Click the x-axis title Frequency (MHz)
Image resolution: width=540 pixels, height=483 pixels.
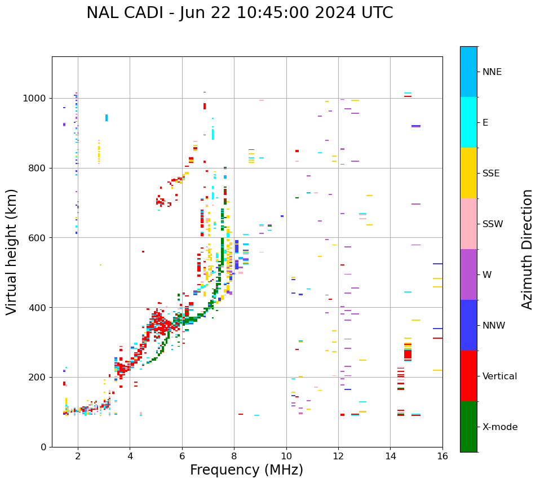click(246, 470)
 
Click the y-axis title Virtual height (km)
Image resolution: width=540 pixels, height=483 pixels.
click(12, 251)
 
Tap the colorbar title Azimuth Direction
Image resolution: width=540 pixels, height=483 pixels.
click(527, 249)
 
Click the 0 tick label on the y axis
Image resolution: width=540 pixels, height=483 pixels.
click(44, 447)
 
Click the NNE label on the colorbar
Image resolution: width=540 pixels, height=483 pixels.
click(492, 72)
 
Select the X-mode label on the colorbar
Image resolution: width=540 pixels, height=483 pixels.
click(499, 427)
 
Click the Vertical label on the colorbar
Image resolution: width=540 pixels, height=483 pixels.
click(499, 376)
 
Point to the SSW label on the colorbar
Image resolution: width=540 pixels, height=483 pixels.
click(493, 224)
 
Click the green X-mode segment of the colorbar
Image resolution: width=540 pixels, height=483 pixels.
click(468, 427)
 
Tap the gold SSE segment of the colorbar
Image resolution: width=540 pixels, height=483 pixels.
click(468, 173)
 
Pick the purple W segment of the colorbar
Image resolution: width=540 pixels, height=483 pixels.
click(468, 274)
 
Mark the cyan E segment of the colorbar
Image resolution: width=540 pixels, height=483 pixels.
click(468, 122)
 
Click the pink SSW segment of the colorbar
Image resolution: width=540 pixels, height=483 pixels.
click(468, 224)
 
